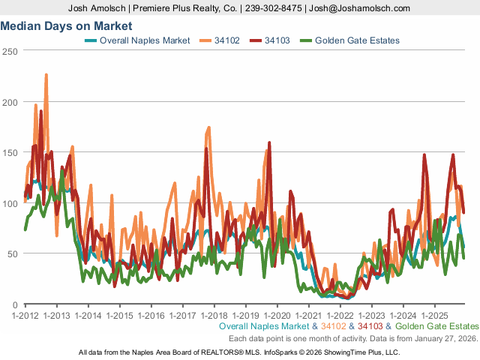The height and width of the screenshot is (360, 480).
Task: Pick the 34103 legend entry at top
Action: pyautogui.click(x=278, y=40)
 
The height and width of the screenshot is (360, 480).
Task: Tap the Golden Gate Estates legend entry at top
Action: pyautogui.click(x=357, y=40)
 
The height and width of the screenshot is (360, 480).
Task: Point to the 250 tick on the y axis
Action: pyautogui.click(x=10, y=51)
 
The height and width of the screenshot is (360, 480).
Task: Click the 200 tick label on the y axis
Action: pyautogui.click(x=10, y=102)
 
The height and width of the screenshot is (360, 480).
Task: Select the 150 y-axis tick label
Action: pyautogui.click(x=10, y=153)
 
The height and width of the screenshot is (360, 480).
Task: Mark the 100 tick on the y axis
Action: pyautogui.click(x=10, y=204)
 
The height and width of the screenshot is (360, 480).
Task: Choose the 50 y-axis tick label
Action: pyautogui.click(x=13, y=254)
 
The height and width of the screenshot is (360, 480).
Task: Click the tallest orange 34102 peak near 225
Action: pyautogui.click(x=46, y=75)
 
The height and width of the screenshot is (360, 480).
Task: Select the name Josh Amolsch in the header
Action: pyautogui.click(x=93, y=8)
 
